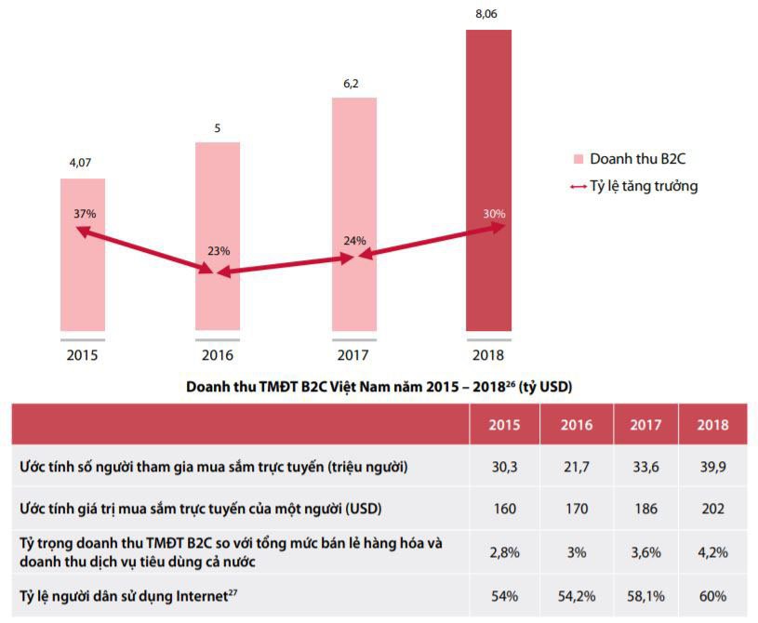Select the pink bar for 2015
83,279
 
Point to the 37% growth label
85,214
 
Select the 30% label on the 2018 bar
495,214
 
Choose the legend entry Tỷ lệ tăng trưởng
643,186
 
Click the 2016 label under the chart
218,354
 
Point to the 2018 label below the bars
488,354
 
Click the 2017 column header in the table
645,425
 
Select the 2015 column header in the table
506,425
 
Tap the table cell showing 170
577,510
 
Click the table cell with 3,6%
645,552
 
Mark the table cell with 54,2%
577,596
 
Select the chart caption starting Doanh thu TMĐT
378,385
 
